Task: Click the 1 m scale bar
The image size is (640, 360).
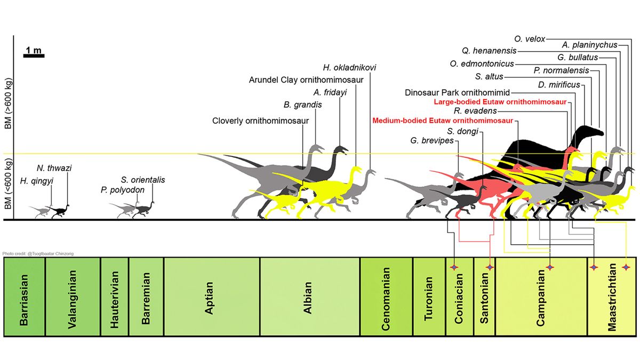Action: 34,55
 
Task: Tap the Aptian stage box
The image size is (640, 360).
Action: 212,297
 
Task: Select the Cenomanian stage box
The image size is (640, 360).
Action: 386,297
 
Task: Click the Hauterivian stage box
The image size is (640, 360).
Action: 114,297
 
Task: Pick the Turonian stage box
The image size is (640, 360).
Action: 429,297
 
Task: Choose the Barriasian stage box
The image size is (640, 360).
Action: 25,297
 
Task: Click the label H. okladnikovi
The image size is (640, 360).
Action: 350,68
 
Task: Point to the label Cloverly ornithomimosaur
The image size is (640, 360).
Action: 260,121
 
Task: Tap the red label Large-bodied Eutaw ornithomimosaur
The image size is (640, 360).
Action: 500,101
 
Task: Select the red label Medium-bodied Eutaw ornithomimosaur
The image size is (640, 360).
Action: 442,121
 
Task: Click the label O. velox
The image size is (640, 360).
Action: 530,39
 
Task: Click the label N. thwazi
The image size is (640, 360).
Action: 54,168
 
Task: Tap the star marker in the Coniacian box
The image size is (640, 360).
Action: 454,267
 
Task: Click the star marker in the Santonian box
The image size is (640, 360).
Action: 490,267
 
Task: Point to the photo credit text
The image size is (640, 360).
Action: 37,253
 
